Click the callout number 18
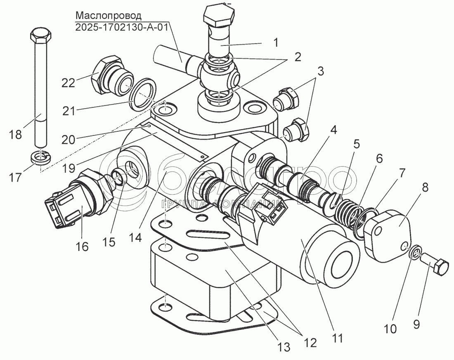tap(15, 135)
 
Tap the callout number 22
tap(69, 83)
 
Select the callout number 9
tap(416, 324)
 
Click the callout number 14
tap(135, 237)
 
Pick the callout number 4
tap(333, 130)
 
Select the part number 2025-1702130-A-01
tap(122, 27)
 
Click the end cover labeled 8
tap(388, 234)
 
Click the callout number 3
tap(320, 71)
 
